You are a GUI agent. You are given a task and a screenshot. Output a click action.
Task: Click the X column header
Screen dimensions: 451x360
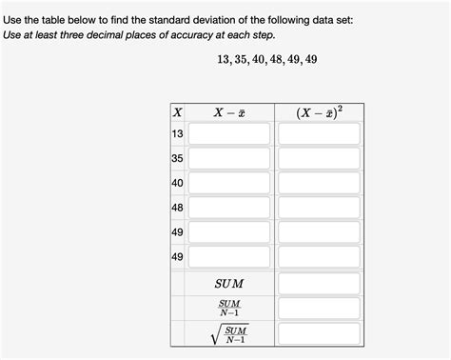[x=176, y=112]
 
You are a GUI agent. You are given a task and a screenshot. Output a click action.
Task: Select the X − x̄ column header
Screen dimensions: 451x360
[x=228, y=112]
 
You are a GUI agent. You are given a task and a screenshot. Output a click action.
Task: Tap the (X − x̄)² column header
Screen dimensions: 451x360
[x=319, y=112]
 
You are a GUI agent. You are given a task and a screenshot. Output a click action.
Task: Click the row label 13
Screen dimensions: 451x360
[x=177, y=134]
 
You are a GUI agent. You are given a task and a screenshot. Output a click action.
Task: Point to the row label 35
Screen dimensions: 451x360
[x=177, y=159]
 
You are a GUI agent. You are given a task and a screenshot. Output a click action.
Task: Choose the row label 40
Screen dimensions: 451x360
[x=177, y=183]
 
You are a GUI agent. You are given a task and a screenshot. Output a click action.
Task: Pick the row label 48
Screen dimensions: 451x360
[x=177, y=208]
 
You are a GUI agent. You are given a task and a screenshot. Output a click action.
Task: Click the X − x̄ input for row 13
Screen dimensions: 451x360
[x=228, y=134]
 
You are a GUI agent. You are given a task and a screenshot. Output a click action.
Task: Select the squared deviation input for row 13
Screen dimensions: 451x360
[x=319, y=134]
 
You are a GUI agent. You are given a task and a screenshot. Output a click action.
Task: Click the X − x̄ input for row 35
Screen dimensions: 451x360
[x=228, y=159]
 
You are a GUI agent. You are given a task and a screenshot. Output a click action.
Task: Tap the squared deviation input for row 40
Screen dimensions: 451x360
[x=319, y=183]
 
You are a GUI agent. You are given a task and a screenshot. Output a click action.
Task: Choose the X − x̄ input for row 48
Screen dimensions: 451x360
[x=228, y=208]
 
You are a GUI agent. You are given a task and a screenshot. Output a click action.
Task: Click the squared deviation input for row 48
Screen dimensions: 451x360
[x=319, y=208]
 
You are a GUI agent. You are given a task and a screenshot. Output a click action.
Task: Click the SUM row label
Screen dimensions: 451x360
[x=228, y=284]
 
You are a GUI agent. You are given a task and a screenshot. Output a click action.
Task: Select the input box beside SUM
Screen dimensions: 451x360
[x=319, y=284]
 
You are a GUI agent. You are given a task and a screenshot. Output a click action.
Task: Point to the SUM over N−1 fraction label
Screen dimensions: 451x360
[x=228, y=309]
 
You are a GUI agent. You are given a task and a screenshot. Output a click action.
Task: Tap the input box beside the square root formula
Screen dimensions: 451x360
[x=319, y=333]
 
